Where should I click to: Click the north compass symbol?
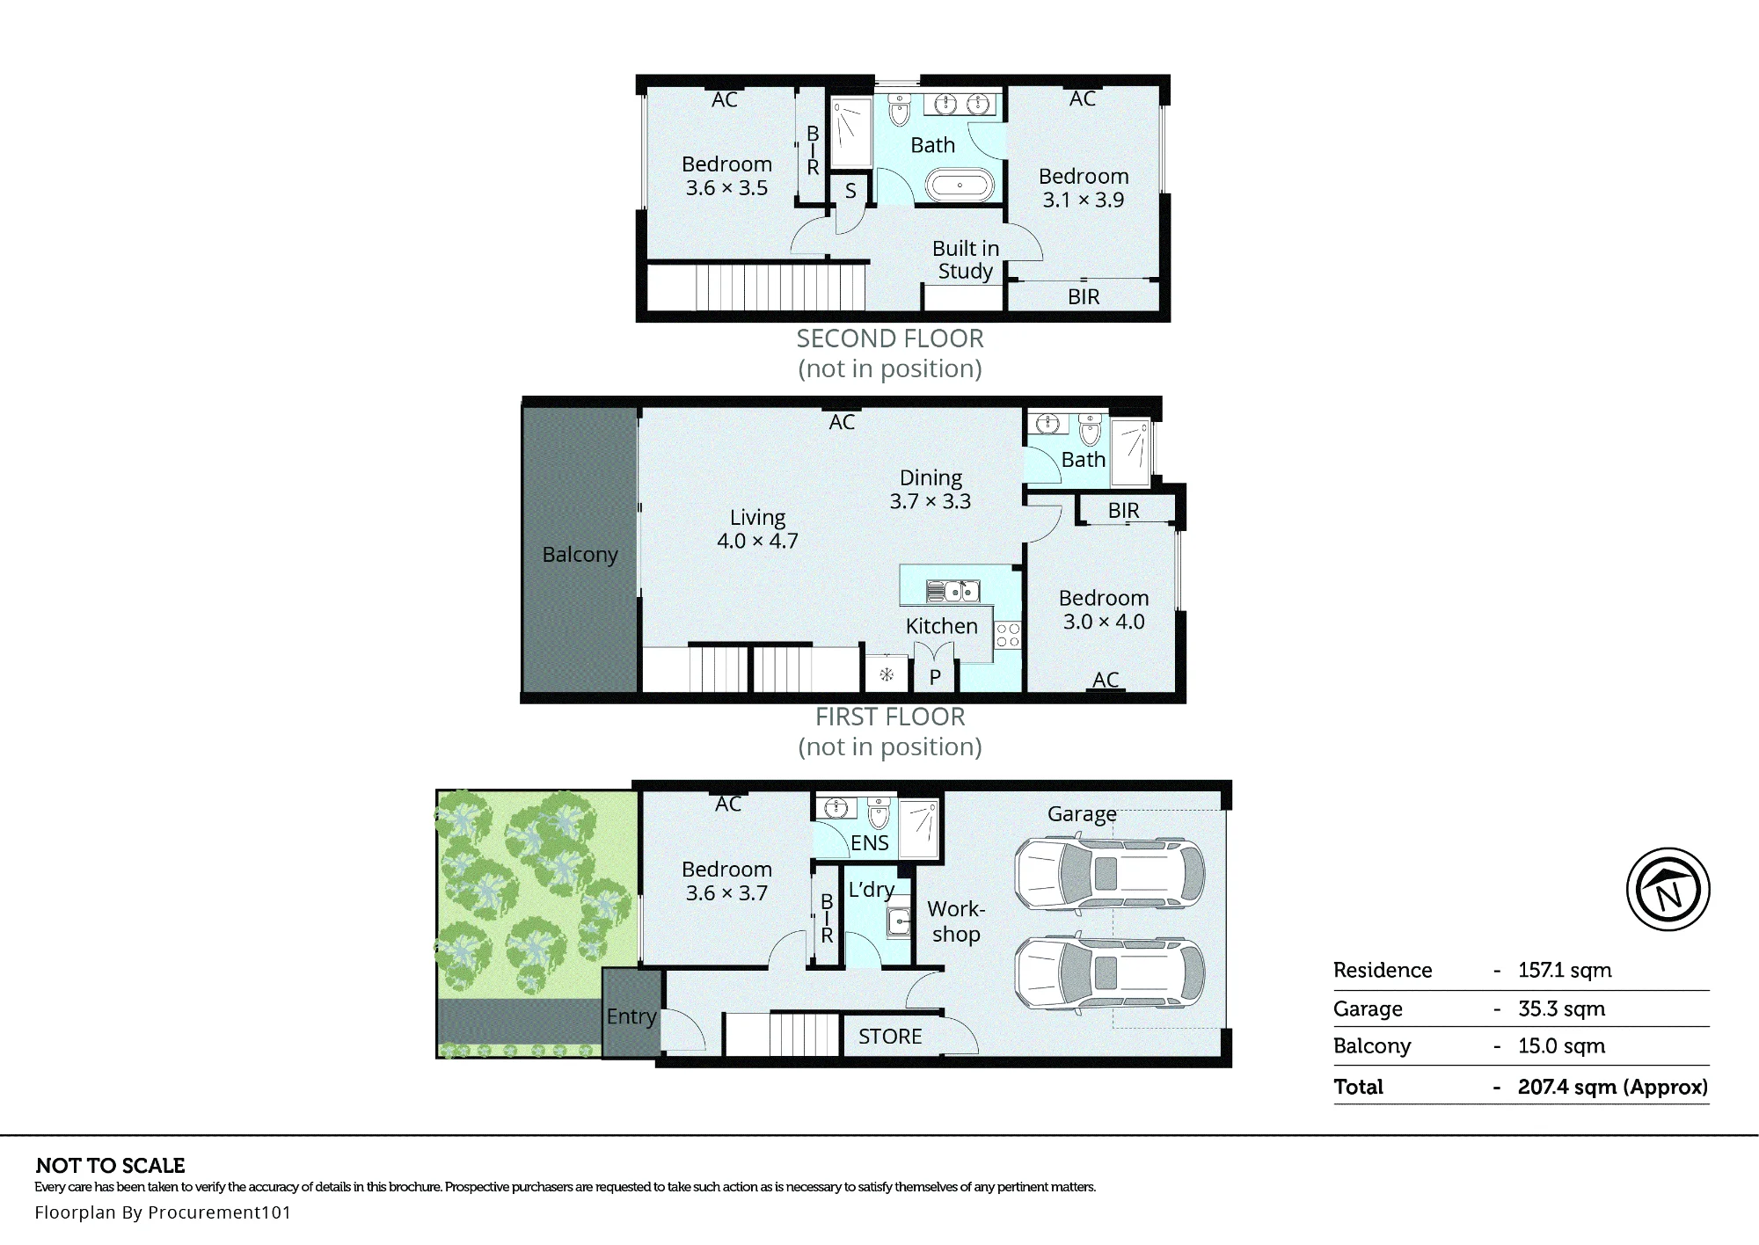[1668, 889]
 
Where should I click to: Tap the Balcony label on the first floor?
[580, 555]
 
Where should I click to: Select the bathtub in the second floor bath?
[960, 186]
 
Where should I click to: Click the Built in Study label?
[966, 259]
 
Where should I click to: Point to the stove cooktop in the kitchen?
[1008, 635]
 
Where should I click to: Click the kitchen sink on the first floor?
[953, 591]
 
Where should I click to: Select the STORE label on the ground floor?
[890, 1037]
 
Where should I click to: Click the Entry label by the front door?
[631, 1016]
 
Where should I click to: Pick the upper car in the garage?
[1110, 874]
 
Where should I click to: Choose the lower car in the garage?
[1110, 973]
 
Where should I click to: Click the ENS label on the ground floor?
[870, 843]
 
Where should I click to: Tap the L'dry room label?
[872, 890]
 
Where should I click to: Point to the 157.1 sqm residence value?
[1565, 971]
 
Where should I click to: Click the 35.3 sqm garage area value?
[1561, 1008]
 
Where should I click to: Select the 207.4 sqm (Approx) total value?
[1613, 1087]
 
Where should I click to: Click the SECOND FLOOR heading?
[890, 339]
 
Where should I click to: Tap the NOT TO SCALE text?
[111, 1166]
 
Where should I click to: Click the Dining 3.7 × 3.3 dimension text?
[931, 490]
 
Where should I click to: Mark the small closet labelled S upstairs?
[850, 191]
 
